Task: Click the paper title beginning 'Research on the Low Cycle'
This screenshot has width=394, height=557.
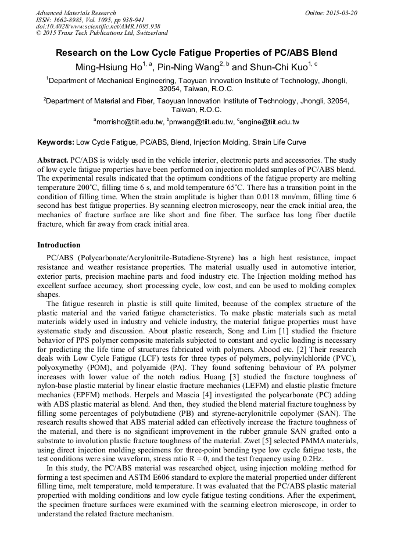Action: [196, 53]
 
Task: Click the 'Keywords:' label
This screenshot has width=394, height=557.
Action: [55, 142]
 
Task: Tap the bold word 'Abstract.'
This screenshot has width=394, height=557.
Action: [52, 159]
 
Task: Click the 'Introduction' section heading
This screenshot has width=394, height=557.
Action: [59, 245]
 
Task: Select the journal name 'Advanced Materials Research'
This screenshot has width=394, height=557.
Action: [76, 13]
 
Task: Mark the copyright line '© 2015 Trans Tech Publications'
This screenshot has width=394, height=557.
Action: [102, 34]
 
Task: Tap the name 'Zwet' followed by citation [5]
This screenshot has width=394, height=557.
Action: [291, 440]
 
